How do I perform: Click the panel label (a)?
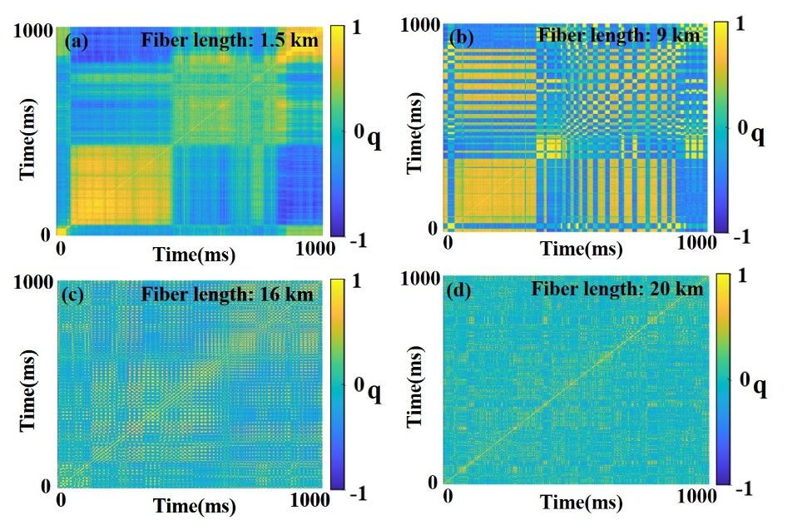(x=78, y=40)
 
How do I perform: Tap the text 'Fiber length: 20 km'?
(x=619, y=289)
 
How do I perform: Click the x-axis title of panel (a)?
(x=193, y=252)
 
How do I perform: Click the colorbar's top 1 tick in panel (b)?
(x=742, y=25)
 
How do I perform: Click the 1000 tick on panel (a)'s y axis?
(x=32, y=29)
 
